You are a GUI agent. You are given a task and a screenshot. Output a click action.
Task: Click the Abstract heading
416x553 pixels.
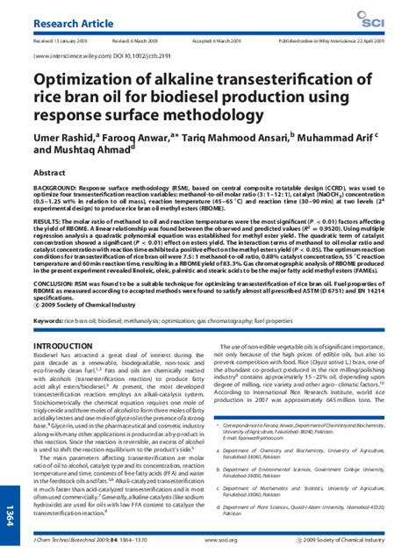[49, 174]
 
